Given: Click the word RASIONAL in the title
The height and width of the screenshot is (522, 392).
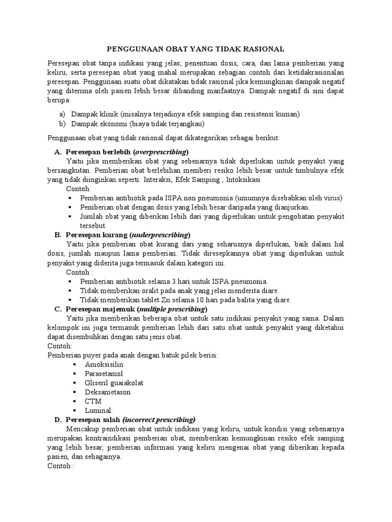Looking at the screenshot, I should point(264,49).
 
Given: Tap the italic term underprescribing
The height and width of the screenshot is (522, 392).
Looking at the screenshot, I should point(160,234).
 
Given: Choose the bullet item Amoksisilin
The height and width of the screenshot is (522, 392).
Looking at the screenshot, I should point(104,365).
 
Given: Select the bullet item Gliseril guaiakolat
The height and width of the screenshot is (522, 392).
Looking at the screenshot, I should point(115,383).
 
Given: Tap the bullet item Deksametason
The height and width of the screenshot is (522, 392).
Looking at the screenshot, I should point(108,392).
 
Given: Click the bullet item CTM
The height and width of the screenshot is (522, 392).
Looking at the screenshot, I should point(93,401).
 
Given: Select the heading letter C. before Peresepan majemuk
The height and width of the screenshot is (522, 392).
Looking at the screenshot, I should point(58,309).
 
